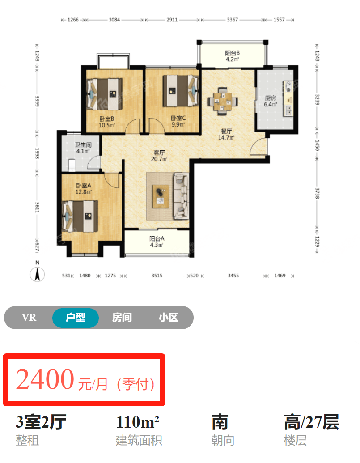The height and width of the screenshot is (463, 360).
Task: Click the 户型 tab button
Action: pos(76,318)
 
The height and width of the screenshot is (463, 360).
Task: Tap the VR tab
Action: pos(29,318)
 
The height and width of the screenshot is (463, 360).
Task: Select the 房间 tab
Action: pos(122,318)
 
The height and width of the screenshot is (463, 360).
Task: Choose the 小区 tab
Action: pos(169,318)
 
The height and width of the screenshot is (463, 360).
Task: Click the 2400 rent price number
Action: pos(45,379)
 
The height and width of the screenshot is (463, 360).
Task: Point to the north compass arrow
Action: pos(37,274)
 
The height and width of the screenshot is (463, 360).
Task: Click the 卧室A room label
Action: pos(84,186)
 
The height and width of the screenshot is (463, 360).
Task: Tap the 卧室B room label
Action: pos(106,119)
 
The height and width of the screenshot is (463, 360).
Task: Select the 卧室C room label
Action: pos(178,118)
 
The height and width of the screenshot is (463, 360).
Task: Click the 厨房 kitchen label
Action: pos(270,98)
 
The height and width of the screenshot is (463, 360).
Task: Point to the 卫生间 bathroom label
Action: pos(83,144)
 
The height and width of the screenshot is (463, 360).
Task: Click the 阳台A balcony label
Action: pos(157,238)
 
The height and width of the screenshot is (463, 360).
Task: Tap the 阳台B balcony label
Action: pos(232,53)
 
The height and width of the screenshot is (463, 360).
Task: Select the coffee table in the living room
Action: pos(161,196)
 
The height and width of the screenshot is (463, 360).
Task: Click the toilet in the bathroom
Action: pos(72,165)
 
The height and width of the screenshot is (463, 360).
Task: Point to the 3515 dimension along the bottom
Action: pos(157,276)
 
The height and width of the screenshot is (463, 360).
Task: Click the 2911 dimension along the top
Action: pos(172,20)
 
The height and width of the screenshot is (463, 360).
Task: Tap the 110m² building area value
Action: pos(138,422)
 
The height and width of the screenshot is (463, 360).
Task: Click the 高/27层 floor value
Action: pos(311,422)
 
